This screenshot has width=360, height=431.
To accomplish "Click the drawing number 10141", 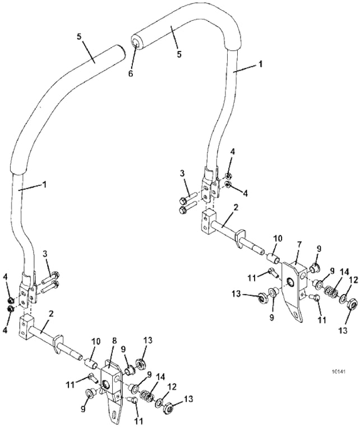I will (x=338, y=371).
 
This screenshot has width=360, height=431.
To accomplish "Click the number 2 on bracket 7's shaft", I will (x=236, y=208).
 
